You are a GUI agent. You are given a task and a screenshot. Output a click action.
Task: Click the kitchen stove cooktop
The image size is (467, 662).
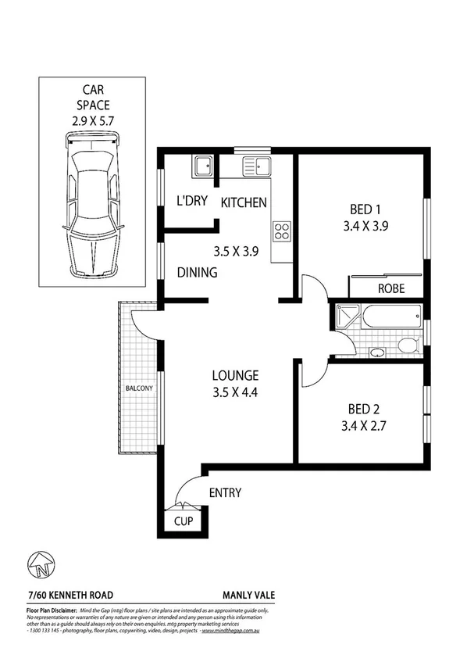[x=282, y=232]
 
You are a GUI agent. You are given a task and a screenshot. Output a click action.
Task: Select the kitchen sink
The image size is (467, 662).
[x=256, y=165]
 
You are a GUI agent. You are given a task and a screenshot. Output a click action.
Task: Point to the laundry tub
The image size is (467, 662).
[x=204, y=166]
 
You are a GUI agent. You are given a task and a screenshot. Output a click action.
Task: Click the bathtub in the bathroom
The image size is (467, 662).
[x=390, y=317]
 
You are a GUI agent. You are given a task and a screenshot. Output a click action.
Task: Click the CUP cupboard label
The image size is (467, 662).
[x=184, y=521]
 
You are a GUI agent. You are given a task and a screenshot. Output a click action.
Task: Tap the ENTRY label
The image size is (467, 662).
[x=225, y=493]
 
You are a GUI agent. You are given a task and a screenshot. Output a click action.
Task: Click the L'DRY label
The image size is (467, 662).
[x=191, y=202]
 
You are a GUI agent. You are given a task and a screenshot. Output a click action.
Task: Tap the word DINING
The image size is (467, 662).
[x=196, y=273]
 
